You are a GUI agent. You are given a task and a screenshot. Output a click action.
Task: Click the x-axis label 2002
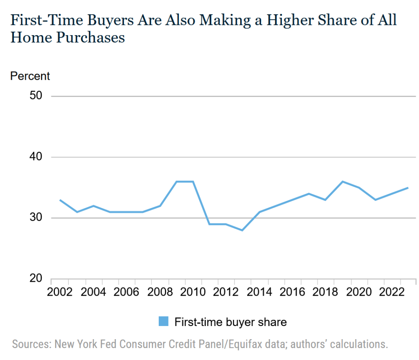coord(59,292)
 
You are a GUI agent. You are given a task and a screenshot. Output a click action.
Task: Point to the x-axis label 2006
coord(126,292)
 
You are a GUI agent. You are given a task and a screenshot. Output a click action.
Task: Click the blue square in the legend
coord(163,322)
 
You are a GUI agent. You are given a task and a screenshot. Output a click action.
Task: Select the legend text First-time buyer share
coord(231,322)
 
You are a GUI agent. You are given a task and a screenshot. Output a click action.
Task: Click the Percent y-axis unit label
coord(30,76)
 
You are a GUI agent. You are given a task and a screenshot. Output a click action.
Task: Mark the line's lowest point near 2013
coord(243,230)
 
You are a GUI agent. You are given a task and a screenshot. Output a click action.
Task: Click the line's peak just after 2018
coord(342,181)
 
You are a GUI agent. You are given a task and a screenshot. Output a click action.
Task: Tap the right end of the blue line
coord(408,188)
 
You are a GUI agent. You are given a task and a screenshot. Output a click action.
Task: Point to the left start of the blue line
coord(60,200)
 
